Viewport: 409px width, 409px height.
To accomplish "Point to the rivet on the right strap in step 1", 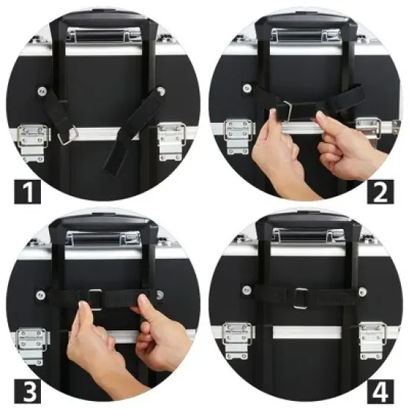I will (161, 91).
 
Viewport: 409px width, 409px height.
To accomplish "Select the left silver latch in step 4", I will (237, 339).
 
